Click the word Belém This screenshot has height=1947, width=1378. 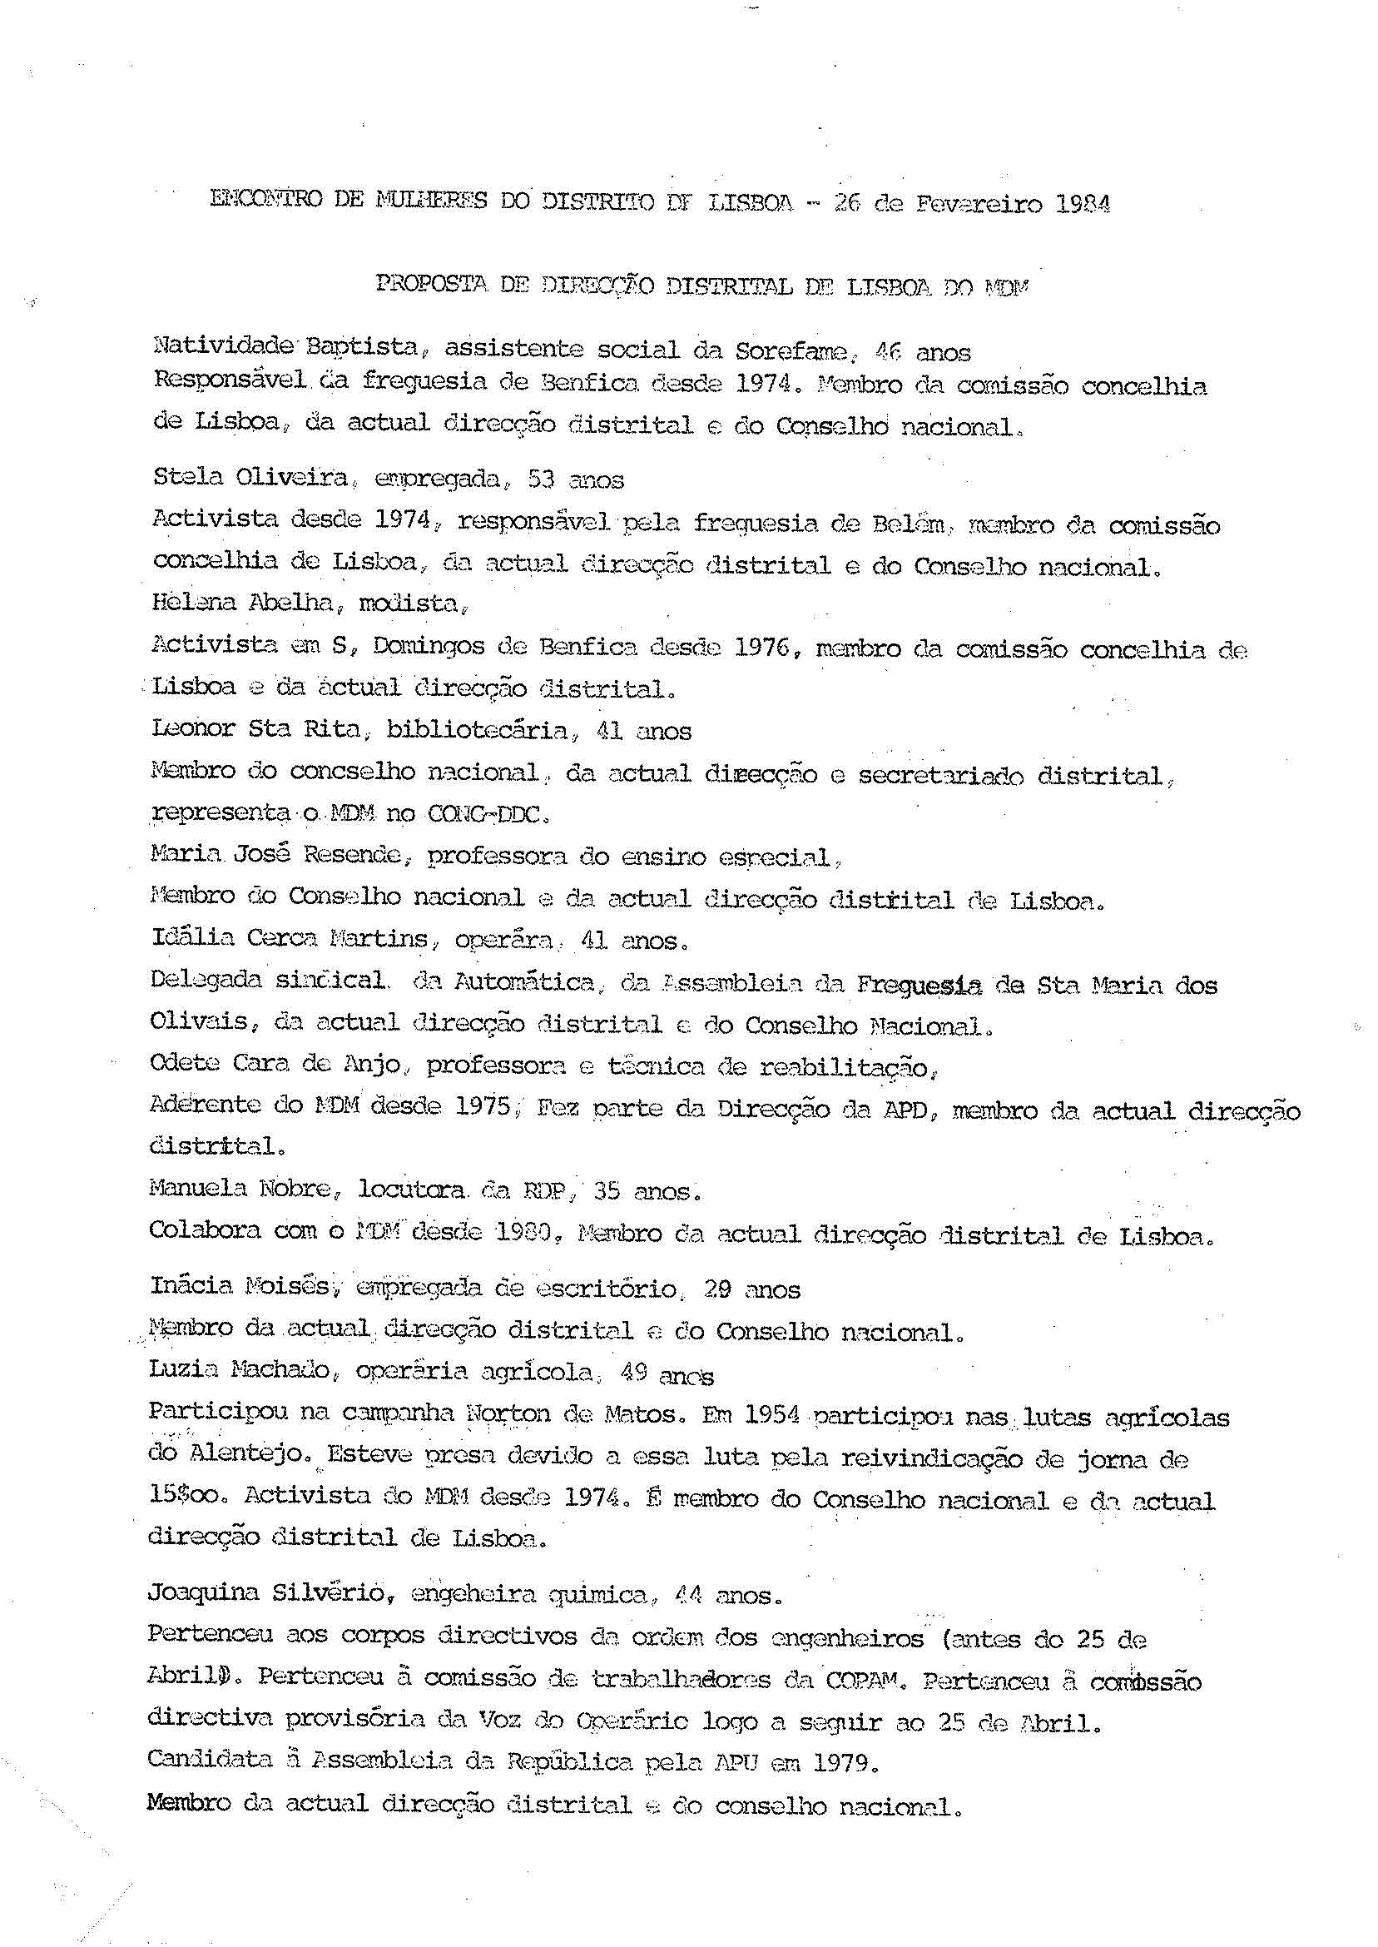point(907,524)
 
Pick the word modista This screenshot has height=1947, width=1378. point(410,603)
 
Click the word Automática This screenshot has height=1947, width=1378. point(525,983)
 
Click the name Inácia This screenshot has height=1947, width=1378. point(191,1286)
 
